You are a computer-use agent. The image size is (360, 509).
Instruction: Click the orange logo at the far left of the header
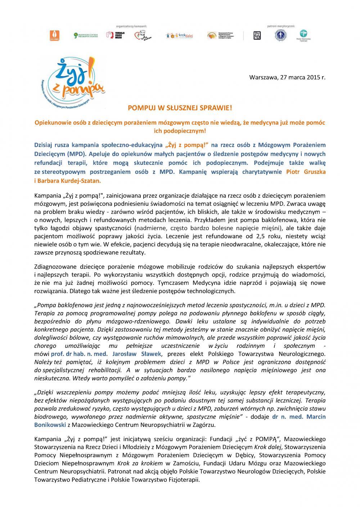tap(54, 35)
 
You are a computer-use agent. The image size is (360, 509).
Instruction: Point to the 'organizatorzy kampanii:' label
tap(132, 26)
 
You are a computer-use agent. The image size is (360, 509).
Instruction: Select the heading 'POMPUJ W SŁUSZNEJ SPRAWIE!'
tap(180, 108)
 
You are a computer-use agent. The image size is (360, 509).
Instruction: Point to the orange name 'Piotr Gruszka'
tap(306, 172)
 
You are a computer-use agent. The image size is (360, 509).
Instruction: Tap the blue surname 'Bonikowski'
tap(50, 425)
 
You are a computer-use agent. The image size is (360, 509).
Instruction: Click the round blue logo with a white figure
tap(281, 35)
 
